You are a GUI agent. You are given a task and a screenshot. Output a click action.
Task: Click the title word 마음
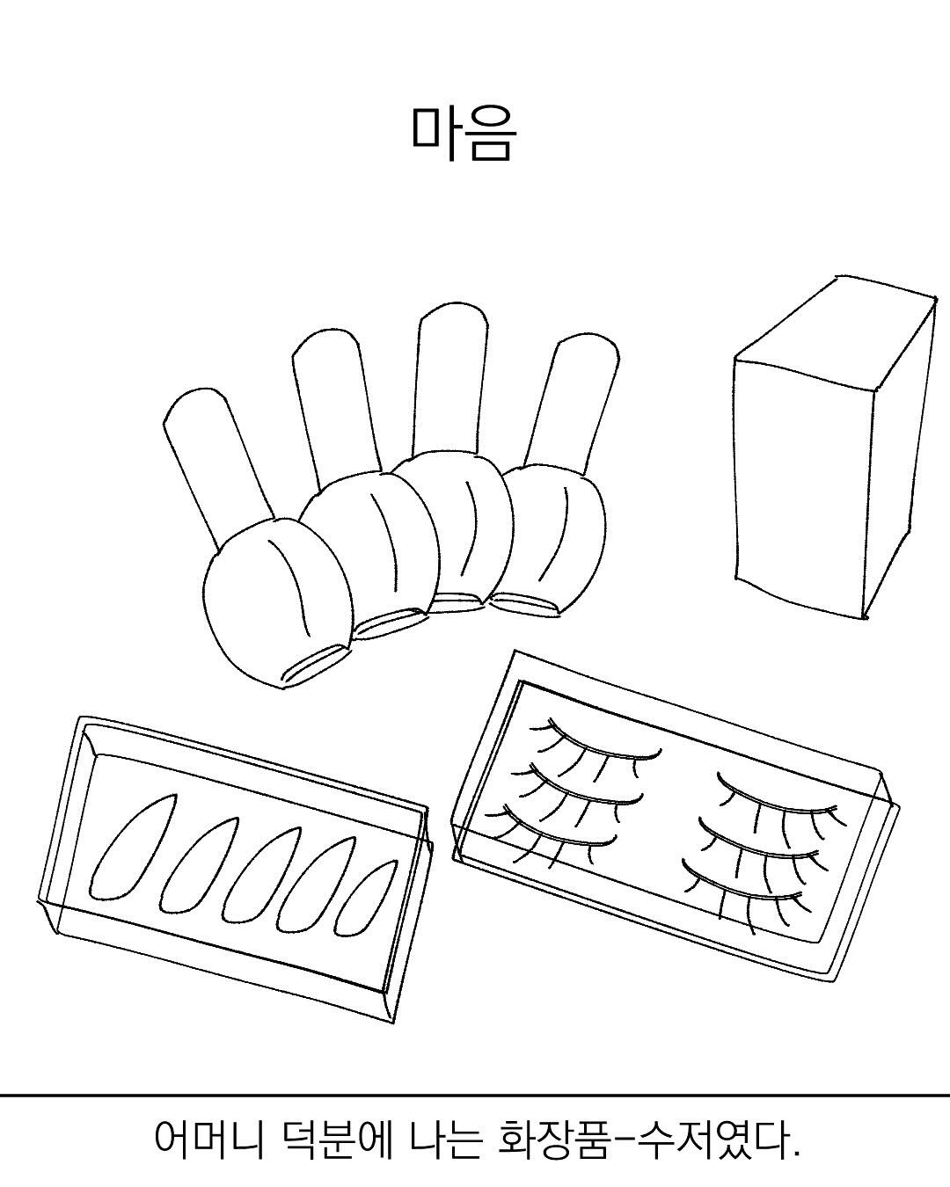tap(464, 134)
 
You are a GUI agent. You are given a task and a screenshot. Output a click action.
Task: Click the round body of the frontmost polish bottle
tap(278, 604)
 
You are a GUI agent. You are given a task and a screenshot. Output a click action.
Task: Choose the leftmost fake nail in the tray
tap(130, 848)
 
